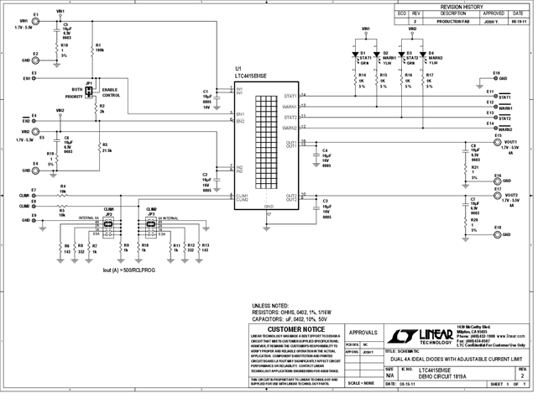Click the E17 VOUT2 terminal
[x=502, y=196]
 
